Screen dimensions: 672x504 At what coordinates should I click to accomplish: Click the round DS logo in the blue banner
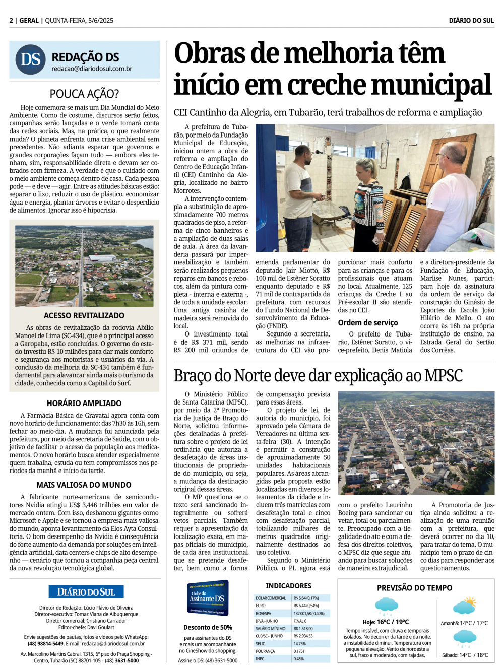(x=31, y=59)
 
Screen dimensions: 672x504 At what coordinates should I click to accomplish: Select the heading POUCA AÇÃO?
(x=84, y=94)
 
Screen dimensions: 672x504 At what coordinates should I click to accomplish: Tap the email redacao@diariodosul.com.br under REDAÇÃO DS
(x=92, y=69)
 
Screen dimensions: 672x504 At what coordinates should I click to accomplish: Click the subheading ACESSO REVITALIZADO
(x=84, y=315)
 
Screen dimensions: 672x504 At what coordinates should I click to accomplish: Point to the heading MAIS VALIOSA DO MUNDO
(x=84, y=485)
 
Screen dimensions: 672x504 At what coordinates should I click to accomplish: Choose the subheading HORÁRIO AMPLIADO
(x=84, y=403)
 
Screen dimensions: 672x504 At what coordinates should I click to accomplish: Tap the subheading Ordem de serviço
(x=368, y=322)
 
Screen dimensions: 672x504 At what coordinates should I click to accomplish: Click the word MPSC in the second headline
(x=444, y=376)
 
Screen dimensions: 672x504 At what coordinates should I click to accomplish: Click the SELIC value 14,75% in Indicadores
(x=300, y=644)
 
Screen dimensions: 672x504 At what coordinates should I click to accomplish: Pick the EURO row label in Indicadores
(x=261, y=606)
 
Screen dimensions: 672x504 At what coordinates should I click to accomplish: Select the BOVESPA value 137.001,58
(x=308, y=614)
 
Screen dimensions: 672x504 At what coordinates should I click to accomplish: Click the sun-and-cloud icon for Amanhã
(x=464, y=606)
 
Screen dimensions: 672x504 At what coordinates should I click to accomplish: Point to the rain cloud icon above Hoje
(x=386, y=606)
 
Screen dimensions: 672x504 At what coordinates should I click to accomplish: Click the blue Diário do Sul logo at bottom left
(x=86, y=592)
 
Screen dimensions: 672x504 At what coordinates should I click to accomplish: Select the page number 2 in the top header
(x=11, y=21)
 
